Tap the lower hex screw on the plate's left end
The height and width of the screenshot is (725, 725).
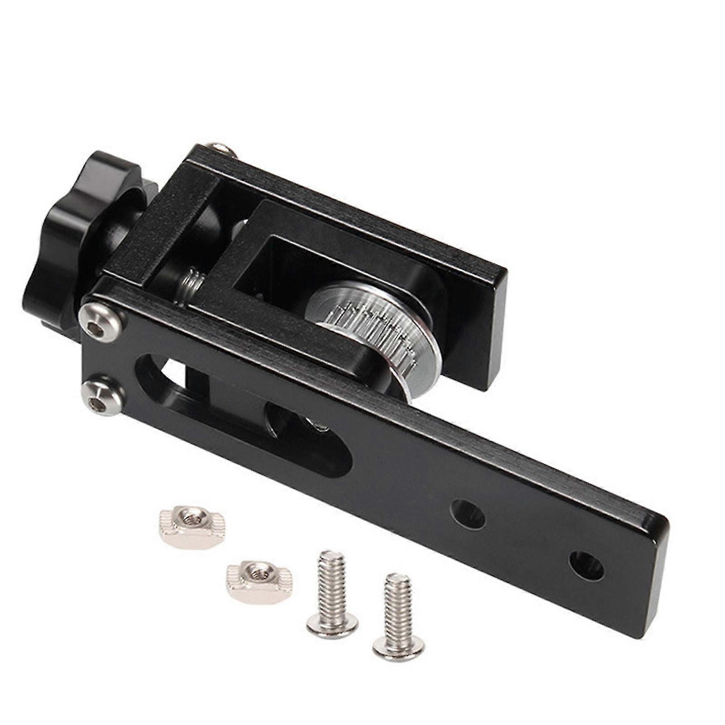point(102,393)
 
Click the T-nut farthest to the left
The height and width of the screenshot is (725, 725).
point(192,527)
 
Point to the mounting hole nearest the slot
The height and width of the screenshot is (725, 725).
point(467,514)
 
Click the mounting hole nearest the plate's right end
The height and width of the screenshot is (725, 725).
point(586,566)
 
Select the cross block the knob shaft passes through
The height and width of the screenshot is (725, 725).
point(172,226)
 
